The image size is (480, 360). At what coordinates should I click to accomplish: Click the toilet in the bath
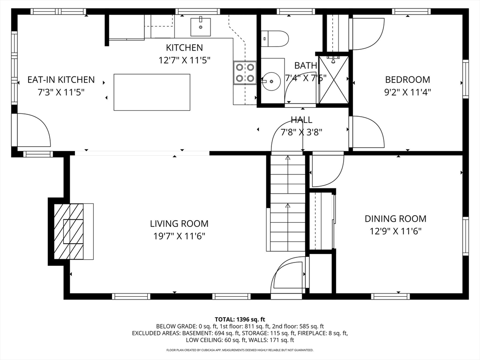coord(275,38)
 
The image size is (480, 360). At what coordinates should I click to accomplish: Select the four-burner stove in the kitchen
coord(245,73)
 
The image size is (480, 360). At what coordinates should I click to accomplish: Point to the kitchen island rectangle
coord(152,92)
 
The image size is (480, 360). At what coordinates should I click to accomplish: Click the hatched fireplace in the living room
coord(69,231)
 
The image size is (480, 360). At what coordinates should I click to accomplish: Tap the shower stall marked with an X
coord(334,79)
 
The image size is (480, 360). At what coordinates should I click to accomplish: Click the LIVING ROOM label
coord(179,224)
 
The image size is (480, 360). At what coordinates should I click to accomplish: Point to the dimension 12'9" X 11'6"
coord(396,231)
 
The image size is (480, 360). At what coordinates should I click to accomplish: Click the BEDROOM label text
coord(407,80)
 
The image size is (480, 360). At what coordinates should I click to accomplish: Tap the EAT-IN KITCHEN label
coord(61,80)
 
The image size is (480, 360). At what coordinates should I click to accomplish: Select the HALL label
coord(301,120)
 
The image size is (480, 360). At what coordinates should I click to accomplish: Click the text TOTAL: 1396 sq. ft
coord(240,319)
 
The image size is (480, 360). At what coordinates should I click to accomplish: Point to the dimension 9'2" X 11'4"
coord(407,92)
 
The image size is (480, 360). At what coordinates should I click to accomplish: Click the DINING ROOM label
coord(396,218)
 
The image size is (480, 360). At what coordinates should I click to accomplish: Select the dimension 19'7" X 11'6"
coord(179,236)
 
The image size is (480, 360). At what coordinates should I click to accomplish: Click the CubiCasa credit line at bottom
coord(240,350)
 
